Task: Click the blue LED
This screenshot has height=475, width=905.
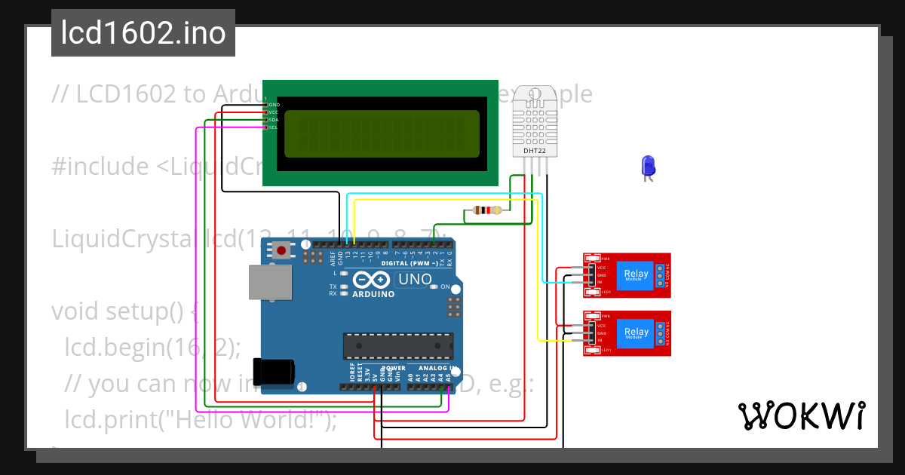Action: [x=648, y=166]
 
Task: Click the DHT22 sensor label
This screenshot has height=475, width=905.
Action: [x=535, y=151]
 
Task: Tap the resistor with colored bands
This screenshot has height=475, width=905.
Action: [x=486, y=211]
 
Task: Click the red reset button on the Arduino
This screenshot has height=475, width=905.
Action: [x=281, y=250]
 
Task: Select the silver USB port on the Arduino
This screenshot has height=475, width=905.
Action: [x=271, y=282]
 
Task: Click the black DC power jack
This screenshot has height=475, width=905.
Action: [x=273, y=371]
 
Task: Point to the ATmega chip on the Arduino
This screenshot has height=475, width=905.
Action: [x=397, y=345]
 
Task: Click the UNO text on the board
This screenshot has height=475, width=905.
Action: [x=415, y=280]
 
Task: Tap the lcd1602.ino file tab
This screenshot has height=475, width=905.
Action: [x=143, y=33]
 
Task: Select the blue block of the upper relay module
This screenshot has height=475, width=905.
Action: [x=636, y=276]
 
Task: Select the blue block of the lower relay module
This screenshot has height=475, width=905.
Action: [x=636, y=332]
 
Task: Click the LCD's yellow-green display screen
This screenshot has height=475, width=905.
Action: [x=382, y=134]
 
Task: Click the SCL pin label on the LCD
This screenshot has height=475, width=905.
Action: [x=273, y=127]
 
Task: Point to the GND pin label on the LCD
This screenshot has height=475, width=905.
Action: [x=274, y=104]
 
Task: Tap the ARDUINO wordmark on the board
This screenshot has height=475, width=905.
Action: [x=374, y=294]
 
